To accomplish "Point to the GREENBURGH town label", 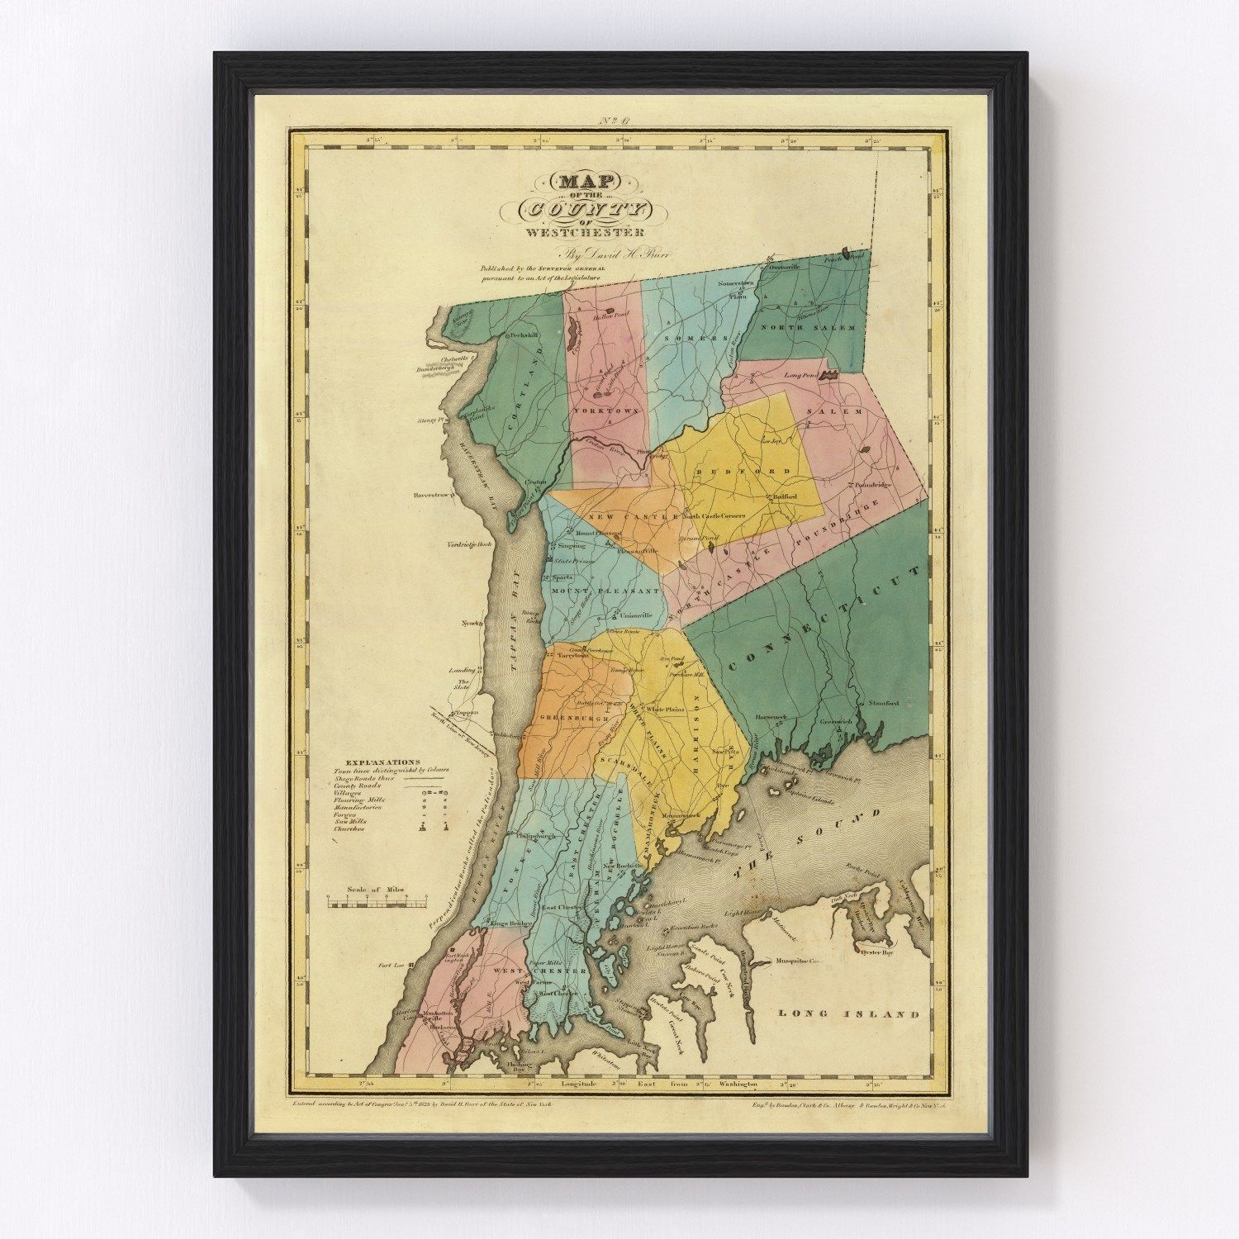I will click(x=568, y=717).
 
